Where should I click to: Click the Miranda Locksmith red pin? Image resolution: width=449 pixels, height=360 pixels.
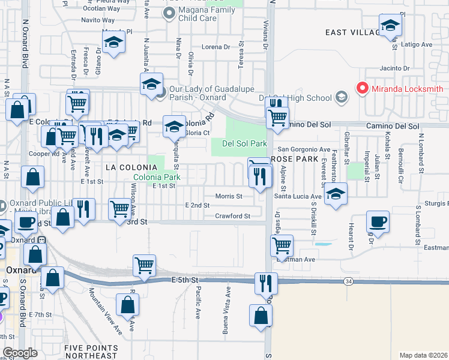point(362,88)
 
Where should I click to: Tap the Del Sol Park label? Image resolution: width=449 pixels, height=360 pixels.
point(244,144)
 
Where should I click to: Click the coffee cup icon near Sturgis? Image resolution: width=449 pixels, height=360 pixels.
point(378,223)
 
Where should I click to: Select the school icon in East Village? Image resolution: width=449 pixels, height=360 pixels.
point(390,27)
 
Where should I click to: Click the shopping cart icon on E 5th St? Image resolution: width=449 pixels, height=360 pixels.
point(145,265)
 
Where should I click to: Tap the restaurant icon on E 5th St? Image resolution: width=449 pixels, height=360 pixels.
point(265,282)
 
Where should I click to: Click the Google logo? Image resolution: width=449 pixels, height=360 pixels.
point(20,352)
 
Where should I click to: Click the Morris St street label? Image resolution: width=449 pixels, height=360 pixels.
point(229,196)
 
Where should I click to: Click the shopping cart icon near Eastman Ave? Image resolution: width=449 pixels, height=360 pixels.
point(282,245)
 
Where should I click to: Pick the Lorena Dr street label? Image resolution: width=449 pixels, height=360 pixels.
point(216,47)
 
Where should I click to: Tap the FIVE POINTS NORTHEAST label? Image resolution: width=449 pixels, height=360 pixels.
point(92,352)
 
